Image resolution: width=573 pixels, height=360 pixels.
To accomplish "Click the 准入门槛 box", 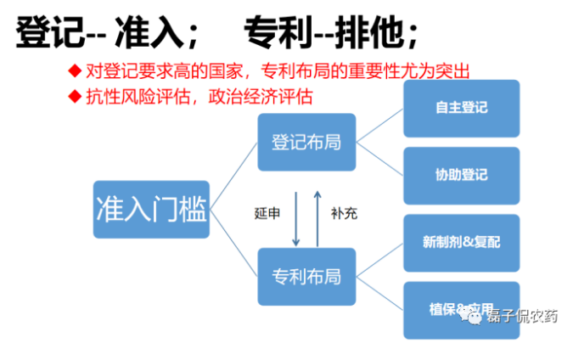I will [x=151, y=208].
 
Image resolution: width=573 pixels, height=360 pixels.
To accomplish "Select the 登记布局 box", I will [x=306, y=142].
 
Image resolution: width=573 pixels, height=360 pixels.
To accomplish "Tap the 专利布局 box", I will [x=306, y=275].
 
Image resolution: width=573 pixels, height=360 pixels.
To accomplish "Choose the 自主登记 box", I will [x=461, y=108].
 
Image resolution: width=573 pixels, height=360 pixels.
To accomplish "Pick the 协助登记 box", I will [x=461, y=175].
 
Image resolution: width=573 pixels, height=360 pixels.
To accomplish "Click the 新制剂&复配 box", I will [x=461, y=242].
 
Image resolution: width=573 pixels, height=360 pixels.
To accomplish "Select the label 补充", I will [x=344, y=212].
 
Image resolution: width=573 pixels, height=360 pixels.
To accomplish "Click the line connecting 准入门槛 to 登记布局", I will [x=233, y=175].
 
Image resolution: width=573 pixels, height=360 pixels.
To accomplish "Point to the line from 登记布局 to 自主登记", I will [x=379, y=126].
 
